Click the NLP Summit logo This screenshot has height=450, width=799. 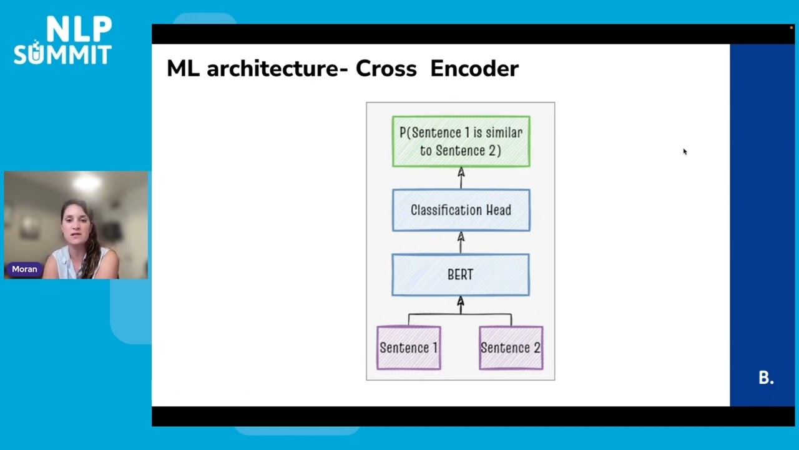coord(62,41)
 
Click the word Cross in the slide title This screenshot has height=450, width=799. coord(386,68)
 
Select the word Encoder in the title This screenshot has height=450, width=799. coord(474,68)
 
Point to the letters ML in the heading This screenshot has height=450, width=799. coord(183,68)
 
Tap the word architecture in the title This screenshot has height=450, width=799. coord(272,68)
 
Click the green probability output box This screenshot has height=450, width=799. coord(461,141)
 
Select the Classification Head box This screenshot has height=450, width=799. coord(461,210)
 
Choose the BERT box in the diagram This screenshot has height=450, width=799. coord(461,274)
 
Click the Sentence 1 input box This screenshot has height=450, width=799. coord(409,347)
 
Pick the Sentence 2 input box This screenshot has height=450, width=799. coord(511,347)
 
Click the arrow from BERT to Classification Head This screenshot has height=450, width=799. coord(461,242)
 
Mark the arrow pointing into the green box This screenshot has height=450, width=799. coord(461,177)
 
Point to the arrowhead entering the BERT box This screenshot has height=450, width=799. coord(461,302)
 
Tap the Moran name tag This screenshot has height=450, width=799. coord(24,269)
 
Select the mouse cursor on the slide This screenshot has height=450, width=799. coord(684,151)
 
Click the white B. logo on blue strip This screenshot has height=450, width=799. coord(766,377)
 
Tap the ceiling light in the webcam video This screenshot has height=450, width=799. coord(87,182)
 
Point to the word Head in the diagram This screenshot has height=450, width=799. coord(498,210)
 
